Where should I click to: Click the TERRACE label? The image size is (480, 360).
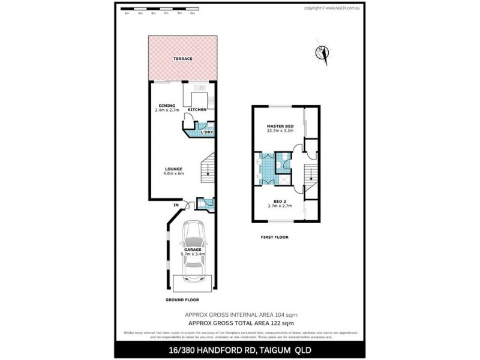[x=182, y=59]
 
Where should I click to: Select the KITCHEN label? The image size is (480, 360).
[x=197, y=110]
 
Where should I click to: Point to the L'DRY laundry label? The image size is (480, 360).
[x=207, y=132]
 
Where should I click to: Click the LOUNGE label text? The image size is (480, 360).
[x=174, y=169]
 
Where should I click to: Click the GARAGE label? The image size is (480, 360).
[x=193, y=248]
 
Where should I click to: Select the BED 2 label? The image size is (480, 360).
[x=279, y=200]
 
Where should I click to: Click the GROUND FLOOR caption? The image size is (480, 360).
[x=182, y=299]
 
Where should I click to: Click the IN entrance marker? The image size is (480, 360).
[x=176, y=206]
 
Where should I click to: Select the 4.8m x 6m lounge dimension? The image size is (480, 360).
[x=174, y=174]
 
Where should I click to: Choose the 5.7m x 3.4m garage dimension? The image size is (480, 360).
[x=193, y=254]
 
